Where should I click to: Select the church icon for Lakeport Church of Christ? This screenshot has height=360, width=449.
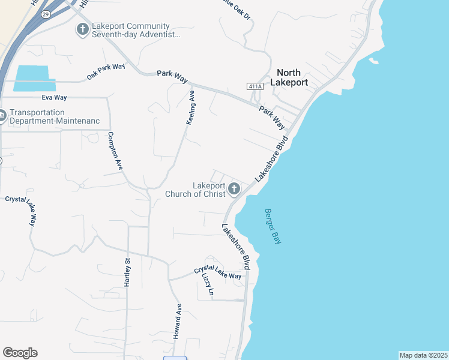[234, 190]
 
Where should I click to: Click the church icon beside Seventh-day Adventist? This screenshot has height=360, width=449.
[82, 29]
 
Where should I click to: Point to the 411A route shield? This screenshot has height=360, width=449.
[255, 87]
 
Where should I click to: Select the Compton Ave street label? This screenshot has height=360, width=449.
[115, 151]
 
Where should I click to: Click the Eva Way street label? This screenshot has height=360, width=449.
[55, 97]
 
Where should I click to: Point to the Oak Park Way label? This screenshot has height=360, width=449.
[106, 71]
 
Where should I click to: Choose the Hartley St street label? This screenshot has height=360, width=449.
[127, 272]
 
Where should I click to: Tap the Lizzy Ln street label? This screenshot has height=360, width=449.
[208, 284]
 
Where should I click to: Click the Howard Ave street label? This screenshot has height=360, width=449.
[178, 322]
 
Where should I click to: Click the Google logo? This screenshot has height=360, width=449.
[20, 353]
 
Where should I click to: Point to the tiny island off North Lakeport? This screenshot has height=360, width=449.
[373, 61]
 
